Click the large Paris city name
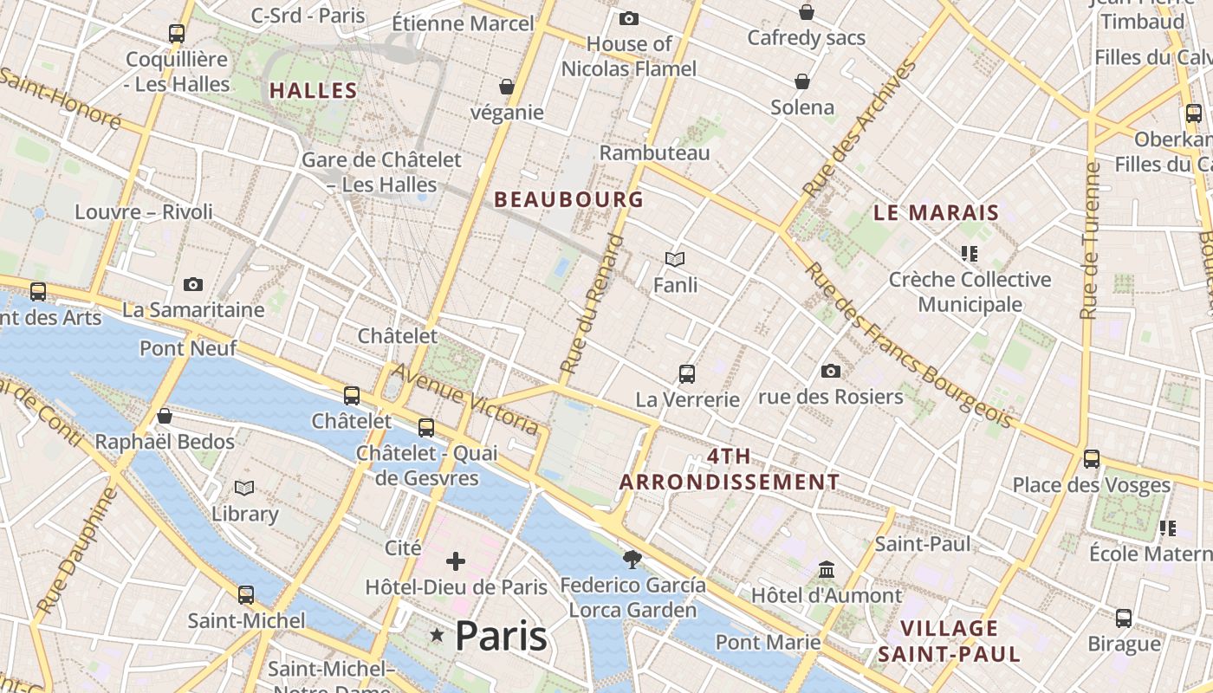click(501, 637)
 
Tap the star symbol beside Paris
click(437, 637)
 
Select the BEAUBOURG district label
click(568, 199)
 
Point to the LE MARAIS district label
click(936, 212)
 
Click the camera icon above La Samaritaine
click(193, 284)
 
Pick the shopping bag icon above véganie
click(507, 87)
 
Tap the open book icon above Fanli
click(675, 259)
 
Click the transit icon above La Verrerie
click(687, 374)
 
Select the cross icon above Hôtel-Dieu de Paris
click(456, 561)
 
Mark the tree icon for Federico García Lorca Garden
click(632, 560)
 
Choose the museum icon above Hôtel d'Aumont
click(827, 570)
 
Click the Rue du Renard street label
click(592, 304)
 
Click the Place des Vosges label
click(1091, 485)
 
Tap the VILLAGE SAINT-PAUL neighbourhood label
click(949, 641)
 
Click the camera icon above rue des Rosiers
click(830, 372)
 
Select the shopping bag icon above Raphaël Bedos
click(165, 417)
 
